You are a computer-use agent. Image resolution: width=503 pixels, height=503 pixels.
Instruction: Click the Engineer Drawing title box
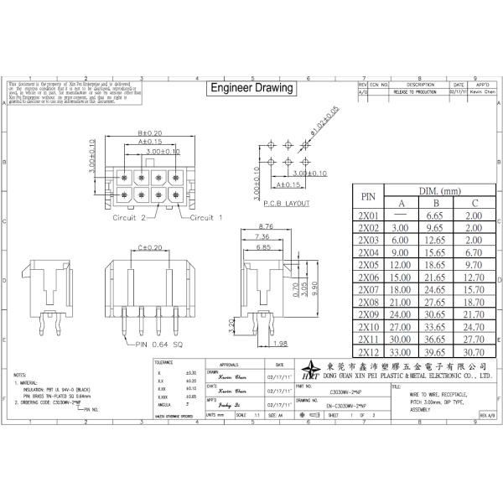251,88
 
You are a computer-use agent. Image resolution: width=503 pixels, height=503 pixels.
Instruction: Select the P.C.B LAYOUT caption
287,203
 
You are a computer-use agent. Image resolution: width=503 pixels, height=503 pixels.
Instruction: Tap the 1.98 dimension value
281,343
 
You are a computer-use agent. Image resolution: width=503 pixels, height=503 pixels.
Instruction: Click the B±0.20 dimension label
149,133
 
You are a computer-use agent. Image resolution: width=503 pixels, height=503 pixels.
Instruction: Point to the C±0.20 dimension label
149,248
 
